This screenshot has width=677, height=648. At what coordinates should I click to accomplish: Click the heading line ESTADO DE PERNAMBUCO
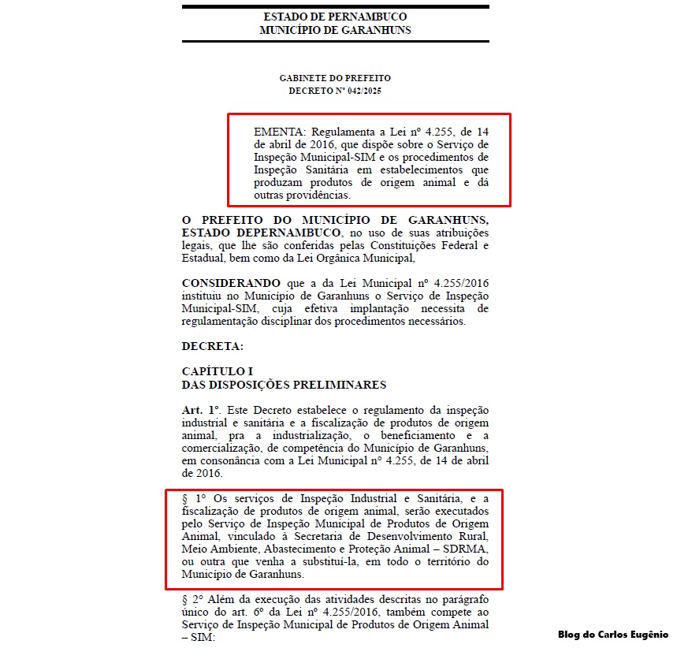pyautogui.click(x=335, y=17)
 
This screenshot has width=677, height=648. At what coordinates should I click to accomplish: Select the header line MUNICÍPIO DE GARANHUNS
pyautogui.click(x=335, y=30)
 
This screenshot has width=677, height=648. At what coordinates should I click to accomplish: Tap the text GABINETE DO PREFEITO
pyautogui.click(x=335, y=78)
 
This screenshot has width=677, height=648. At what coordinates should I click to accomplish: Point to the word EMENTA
pyautogui.click(x=280, y=131)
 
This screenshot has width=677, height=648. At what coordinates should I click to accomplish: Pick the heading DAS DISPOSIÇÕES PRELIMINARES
pyautogui.click(x=284, y=385)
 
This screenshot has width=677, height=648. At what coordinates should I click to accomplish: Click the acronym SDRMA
pyautogui.click(x=467, y=549)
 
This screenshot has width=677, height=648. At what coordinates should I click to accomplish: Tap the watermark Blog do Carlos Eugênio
pyautogui.click(x=612, y=635)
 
